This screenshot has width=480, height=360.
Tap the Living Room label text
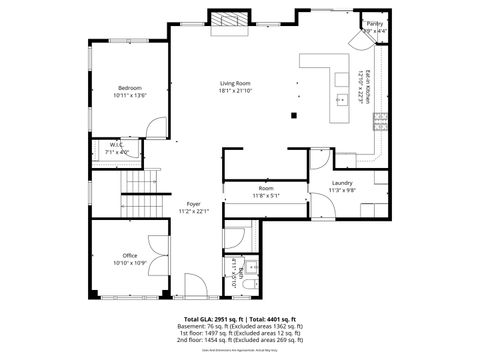point(235,87)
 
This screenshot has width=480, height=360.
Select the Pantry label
point(374,23)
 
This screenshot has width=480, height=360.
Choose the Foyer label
point(193,207)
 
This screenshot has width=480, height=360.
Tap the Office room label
point(130,258)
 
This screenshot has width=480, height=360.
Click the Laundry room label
point(343,186)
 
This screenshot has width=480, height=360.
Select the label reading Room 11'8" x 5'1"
point(265,192)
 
